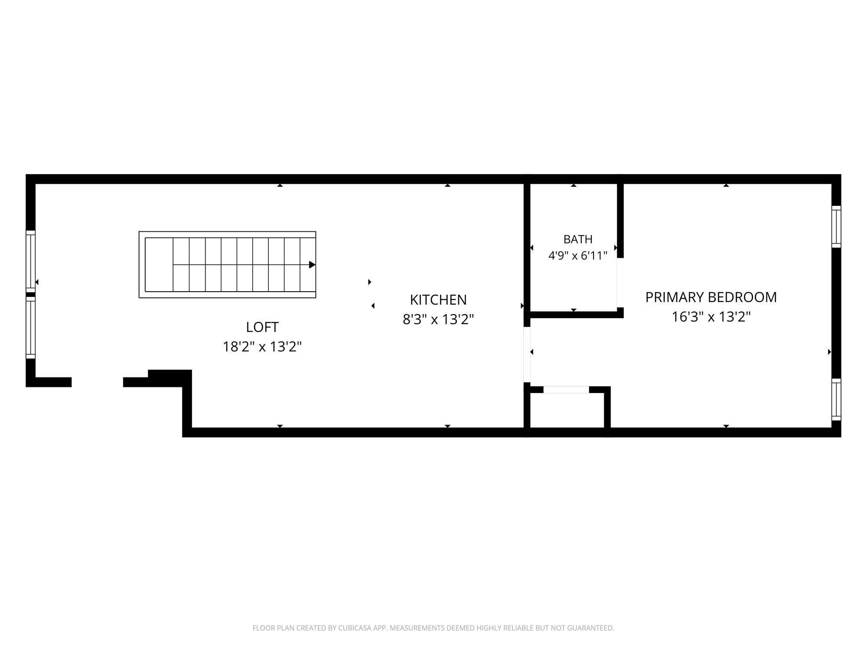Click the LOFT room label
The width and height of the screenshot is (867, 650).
262,327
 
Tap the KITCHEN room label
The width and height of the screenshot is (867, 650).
438,299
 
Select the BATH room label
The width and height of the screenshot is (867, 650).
578,239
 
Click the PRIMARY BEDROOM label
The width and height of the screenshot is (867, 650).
711,297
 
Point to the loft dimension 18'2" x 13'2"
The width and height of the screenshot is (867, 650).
262,347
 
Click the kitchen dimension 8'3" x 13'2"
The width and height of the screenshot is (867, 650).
438,319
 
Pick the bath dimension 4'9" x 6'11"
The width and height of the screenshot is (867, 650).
578,256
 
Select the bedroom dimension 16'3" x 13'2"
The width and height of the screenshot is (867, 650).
711,317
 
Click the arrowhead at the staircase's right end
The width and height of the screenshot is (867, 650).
312,265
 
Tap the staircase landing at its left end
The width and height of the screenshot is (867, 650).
159,264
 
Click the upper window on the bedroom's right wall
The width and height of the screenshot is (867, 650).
836,227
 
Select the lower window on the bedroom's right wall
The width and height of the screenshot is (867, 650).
836,400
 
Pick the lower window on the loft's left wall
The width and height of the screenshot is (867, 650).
30,328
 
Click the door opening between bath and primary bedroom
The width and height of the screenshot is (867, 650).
620,283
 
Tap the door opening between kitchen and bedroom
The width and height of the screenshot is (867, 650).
527,354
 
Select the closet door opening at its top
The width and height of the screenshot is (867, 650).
566,390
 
